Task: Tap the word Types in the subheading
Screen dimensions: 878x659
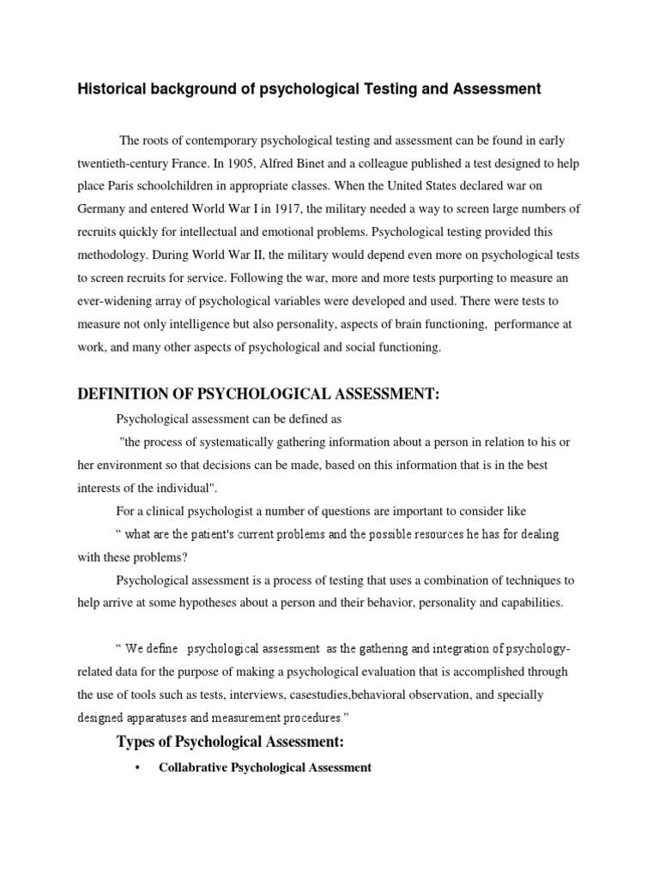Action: [x=141, y=742]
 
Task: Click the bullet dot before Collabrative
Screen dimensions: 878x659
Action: [x=137, y=767]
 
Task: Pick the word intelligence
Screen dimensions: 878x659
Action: [x=221, y=324]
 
